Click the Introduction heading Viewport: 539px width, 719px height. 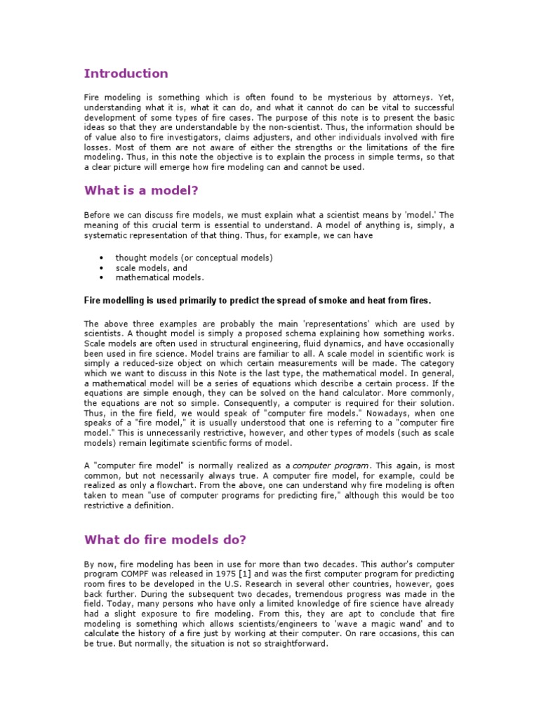coord(126,74)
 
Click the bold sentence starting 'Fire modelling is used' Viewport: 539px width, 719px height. coord(258,301)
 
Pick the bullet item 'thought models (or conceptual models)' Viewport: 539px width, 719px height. coord(194,258)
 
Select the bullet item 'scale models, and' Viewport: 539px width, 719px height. coord(151,268)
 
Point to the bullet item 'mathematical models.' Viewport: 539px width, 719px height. coord(159,277)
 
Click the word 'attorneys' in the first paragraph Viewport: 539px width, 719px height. coord(413,97)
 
